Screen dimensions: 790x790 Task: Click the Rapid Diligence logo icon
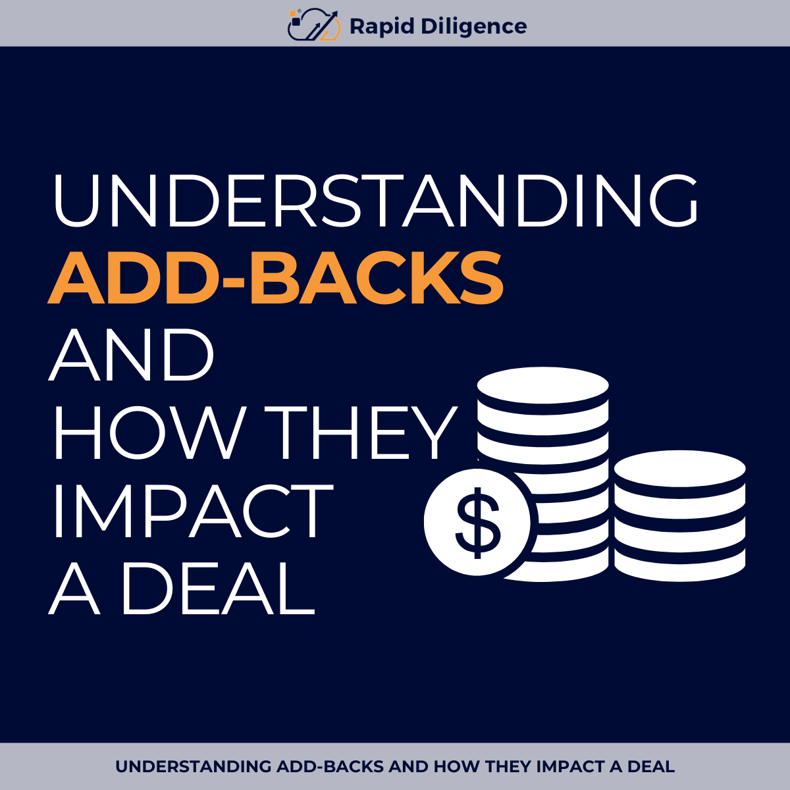coord(314,25)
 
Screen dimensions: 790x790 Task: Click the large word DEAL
coord(217,588)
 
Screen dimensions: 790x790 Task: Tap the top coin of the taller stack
coord(542,385)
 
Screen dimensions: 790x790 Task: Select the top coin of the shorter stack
coord(679,469)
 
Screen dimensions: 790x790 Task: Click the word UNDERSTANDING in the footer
coord(194,767)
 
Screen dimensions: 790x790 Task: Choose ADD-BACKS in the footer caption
coord(330,767)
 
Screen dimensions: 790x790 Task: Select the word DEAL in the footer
coord(651,767)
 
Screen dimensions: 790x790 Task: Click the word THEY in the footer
coord(508,767)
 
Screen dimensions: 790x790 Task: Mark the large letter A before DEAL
coord(74,588)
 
